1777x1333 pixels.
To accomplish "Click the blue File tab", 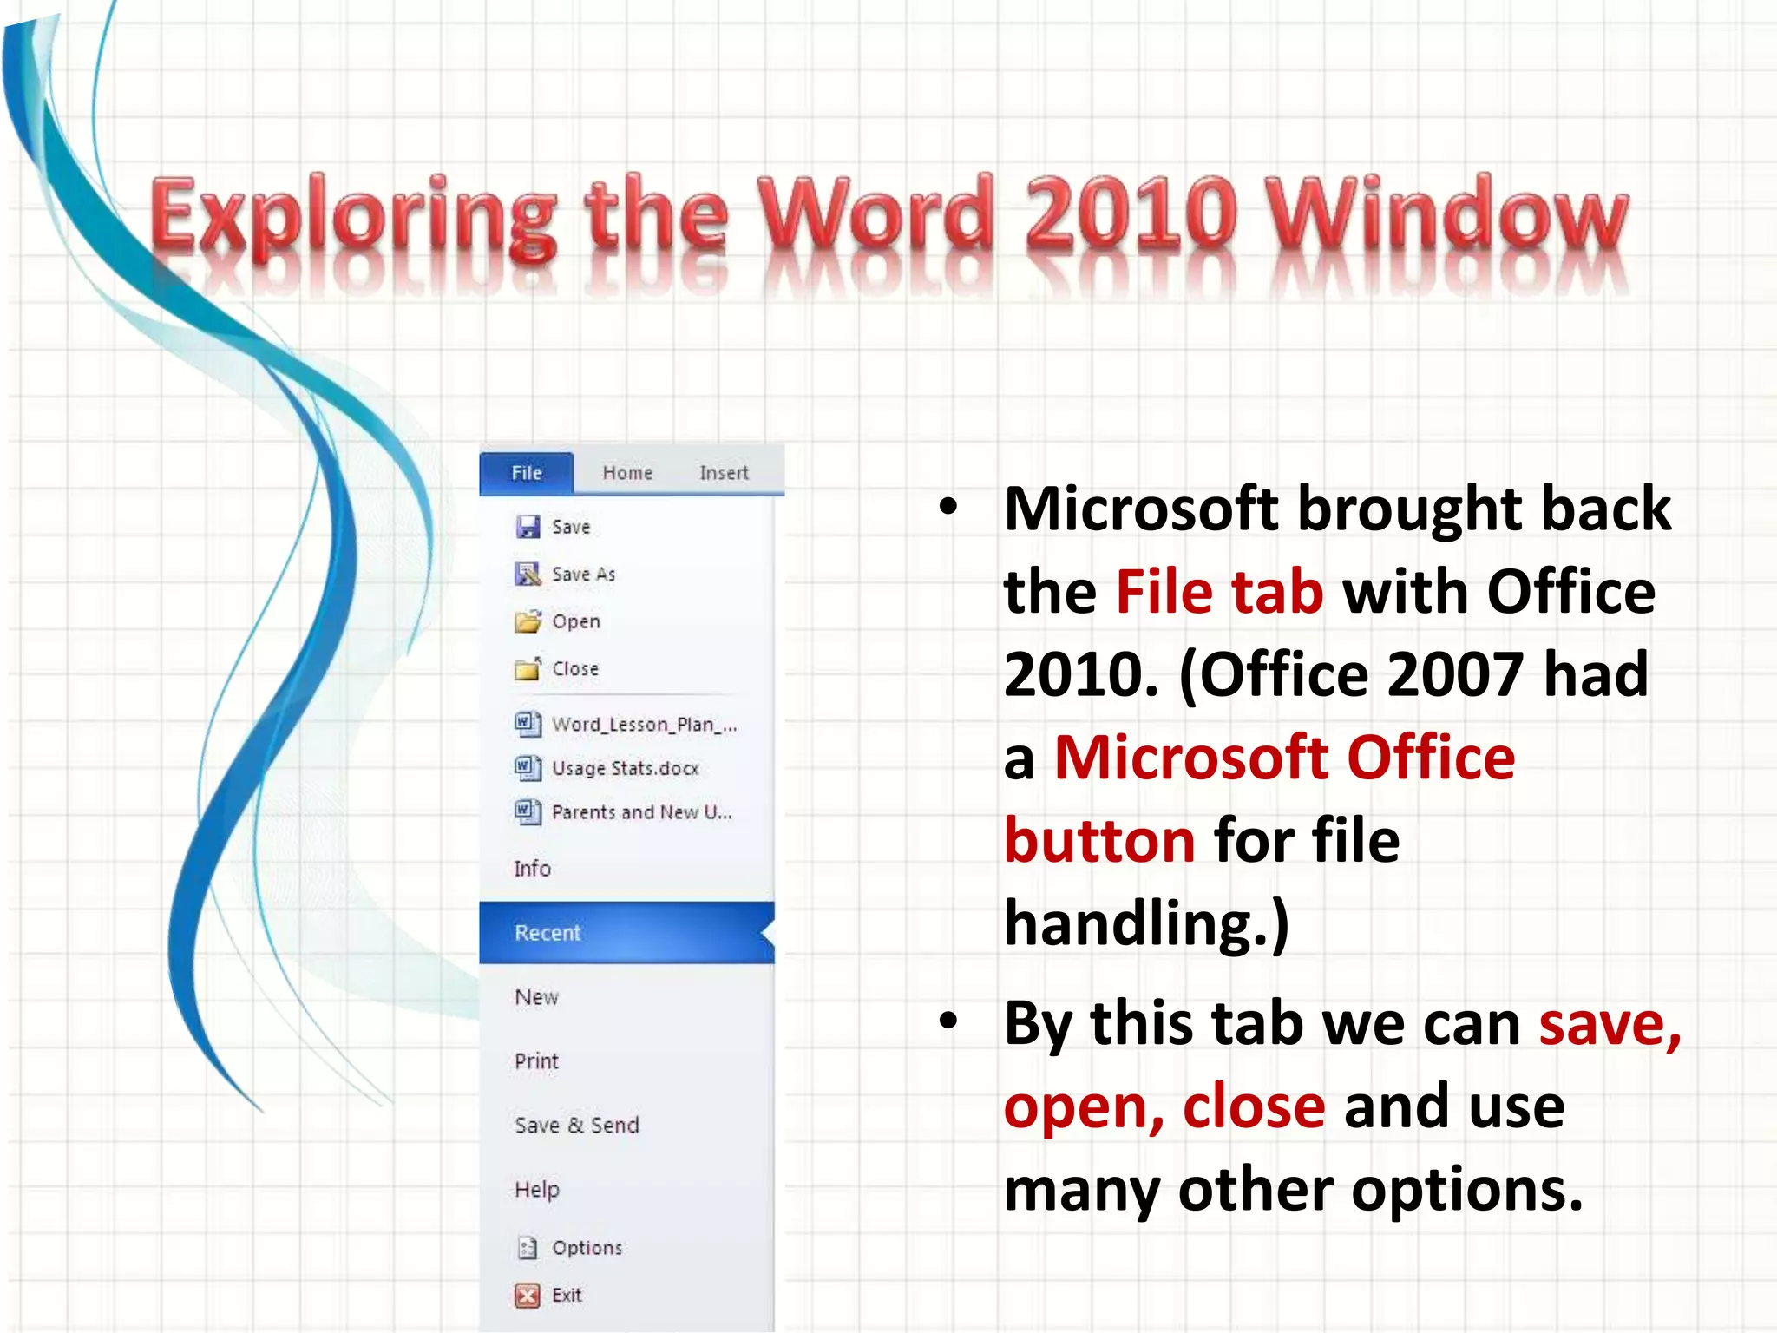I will pyautogui.click(x=527, y=473).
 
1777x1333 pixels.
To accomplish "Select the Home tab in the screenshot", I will pyautogui.click(x=627, y=473).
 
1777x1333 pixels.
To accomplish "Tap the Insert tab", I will pyautogui.click(x=724, y=473).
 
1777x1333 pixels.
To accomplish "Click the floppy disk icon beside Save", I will pyautogui.click(x=528, y=527).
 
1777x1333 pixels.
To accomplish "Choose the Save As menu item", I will pyautogui.click(x=583, y=575).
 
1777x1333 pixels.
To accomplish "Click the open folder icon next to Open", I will pyautogui.click(x=528, y=621).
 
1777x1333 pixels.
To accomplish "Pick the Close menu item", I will pyautogui.click(x=574, y=669).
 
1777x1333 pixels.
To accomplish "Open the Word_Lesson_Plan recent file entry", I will pyautogui.click(x=644, y=725).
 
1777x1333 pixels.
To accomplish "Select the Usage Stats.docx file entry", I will pyautogui.click(x=625, y=769).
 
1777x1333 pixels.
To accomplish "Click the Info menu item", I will pyautogui.click(x=532, y=869).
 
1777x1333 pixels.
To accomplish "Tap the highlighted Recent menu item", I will pyautogui.click(x=548, y=933).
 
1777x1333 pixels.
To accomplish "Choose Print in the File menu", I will pyautogui.click(x=536, y=1061).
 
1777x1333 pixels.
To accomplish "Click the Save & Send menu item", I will pyautogui.click(x=577, y=1126).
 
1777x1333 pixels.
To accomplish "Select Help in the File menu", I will pyautogui.click(x=536, y=1190).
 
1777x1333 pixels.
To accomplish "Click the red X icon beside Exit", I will pyautogui.click(x=527, y=1296).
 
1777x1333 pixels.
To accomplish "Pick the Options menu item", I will pyautogui.click(x=587, y=1248).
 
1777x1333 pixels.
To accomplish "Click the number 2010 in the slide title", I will pyautogui.click(x=1131, y=213).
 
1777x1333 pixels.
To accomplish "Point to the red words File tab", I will pyautogui.click(x=1219, y=592).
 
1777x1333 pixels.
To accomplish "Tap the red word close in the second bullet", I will pyautogui.click(x=1254, y=1106).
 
